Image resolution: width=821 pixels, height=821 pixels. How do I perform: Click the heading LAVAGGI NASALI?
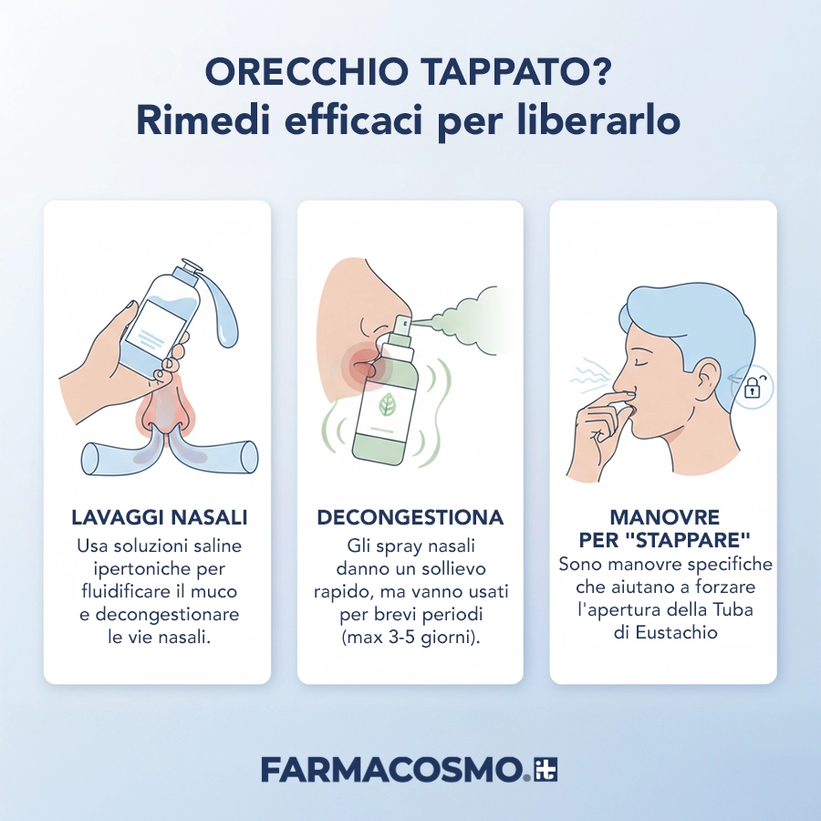pos(159,517)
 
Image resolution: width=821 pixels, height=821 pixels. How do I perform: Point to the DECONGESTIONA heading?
pos(410,517)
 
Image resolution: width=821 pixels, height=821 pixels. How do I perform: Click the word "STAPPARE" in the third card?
pos(693,539)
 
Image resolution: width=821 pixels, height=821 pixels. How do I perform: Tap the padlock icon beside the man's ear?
pos(753,387)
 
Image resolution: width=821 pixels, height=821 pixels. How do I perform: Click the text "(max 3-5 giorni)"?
pos(410,637)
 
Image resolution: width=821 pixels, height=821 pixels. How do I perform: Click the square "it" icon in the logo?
pos(546,769)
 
